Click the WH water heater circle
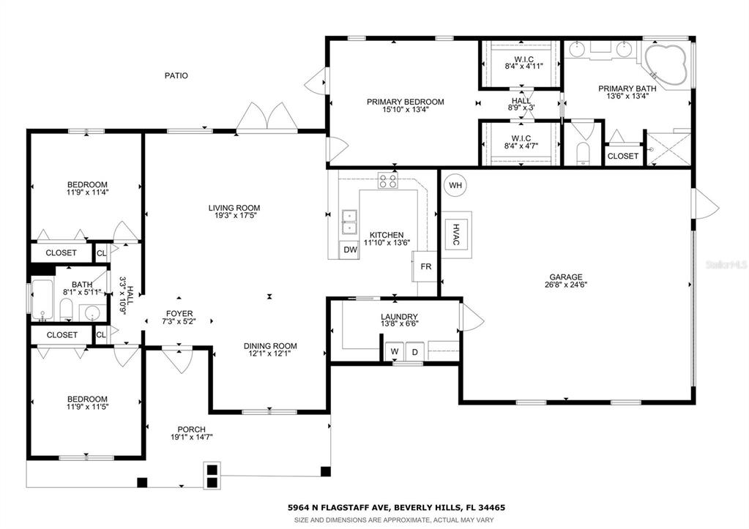click(455, 185)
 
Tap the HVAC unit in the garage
click(456, 234)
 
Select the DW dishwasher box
click(350, 250)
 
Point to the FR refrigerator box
click(425, 266)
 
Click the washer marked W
click(395, 351)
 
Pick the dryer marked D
click(415, 352)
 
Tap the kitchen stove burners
click(387, 181)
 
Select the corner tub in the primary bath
click(666, 65)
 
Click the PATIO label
click(176, 75)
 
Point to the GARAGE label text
click(566, 277)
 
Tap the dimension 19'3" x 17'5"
click(234, 215)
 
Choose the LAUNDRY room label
click(399, 317)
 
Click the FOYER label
click(179, 314)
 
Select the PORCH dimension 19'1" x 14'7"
click(192, 437)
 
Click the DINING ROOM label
click(270, 346)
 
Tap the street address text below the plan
click(396, 508)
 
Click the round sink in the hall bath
click(93, 313)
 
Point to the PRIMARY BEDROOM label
click(406, 102)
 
